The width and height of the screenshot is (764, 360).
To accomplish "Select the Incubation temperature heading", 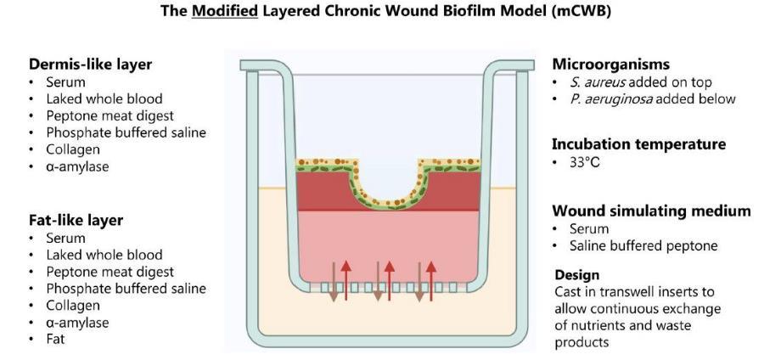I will (638, 143).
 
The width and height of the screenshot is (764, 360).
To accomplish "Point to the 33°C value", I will (584, 162).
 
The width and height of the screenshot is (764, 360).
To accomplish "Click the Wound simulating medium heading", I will (651, 211).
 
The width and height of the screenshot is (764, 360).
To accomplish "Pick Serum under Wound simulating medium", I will (587, 229).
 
